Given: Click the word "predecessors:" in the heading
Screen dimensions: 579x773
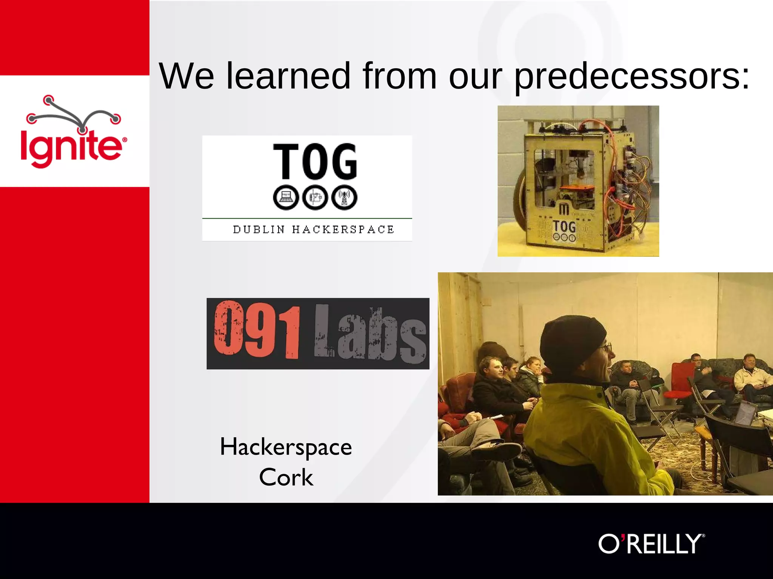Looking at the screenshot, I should click(x=632, y=77).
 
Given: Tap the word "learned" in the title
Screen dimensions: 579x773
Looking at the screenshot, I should click(x=288, y=76).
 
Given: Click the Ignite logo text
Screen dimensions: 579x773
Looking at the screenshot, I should click(x=72, y=146).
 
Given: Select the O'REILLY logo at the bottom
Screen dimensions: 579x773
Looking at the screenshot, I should click(x=651, y=544).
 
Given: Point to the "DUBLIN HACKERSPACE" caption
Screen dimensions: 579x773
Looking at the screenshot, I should click(x=313, y=230).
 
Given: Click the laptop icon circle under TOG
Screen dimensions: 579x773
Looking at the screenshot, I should click(x=286, y=197).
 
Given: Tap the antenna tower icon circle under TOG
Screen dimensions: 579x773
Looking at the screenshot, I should click(x=344, y=197).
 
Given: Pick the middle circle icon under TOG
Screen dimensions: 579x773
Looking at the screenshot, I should click(x=315, y=197).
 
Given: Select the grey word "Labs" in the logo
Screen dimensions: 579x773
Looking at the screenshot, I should click(x=370, y=334).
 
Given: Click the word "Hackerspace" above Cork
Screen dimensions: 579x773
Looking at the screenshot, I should click(x=286, y=447).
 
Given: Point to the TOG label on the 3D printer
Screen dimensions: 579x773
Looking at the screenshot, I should click(x=564, y=227).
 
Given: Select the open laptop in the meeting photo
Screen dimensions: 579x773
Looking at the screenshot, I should click(x=745, y=413).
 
